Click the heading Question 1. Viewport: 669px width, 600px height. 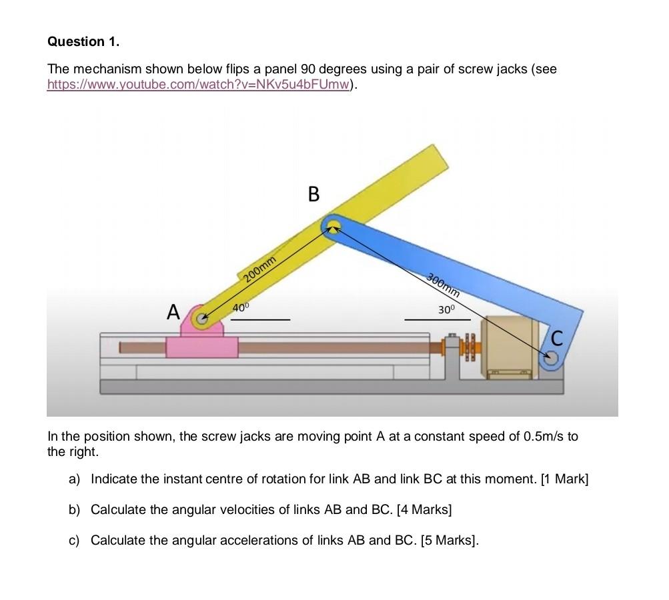83,41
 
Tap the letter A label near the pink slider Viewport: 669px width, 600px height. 173,311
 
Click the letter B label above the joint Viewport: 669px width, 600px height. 314,195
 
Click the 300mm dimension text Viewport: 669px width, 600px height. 443,285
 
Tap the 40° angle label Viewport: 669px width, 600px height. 240,307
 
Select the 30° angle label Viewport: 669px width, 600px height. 446,310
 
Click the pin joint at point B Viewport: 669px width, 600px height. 331,226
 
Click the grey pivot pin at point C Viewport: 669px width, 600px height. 550,359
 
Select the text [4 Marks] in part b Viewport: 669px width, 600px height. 424,509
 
